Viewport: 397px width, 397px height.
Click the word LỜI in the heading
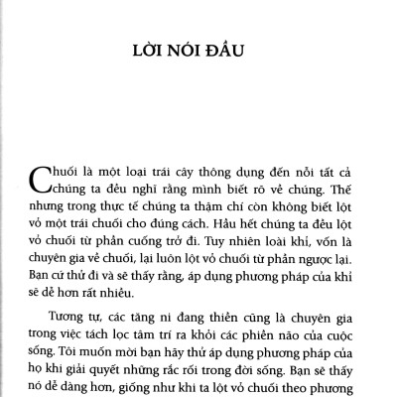[x=151, y=49]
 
